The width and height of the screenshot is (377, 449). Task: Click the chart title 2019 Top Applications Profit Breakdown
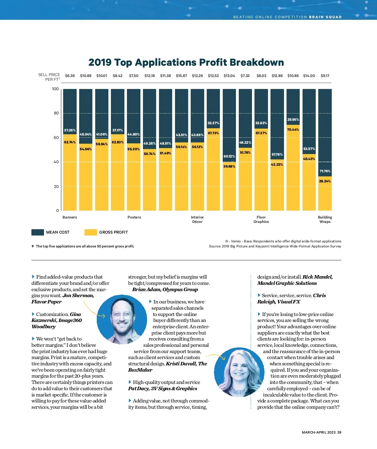(186, 62)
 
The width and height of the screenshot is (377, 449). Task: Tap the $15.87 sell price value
(181, 76)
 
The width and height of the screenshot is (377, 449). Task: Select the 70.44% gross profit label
(293, 130)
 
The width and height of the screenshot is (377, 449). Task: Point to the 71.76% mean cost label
(325, 171)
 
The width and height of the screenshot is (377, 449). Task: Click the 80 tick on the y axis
(56, 113)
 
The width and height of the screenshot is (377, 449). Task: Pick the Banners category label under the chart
(70, 217)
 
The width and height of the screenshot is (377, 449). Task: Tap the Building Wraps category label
(325, 219)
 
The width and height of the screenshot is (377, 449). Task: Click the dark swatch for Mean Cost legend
(38, 232)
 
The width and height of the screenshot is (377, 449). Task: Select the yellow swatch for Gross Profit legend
(91, 232)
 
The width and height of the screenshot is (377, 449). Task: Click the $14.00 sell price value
(309, 76)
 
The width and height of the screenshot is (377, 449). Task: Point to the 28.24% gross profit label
(325, 181)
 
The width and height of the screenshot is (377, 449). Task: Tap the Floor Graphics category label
(261, 219)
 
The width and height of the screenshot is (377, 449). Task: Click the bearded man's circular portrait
(122, 319)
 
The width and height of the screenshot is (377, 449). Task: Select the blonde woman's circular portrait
(239, 372)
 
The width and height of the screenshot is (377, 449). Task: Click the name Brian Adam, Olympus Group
(165, 290)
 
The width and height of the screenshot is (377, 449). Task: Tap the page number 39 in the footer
(339, 432)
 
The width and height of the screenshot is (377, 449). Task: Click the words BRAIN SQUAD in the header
(325, 17)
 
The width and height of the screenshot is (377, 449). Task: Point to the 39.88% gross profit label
(229, 167)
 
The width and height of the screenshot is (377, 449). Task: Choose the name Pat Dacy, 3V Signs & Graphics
(163, 389)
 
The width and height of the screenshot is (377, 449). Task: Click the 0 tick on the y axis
(57, 211)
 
